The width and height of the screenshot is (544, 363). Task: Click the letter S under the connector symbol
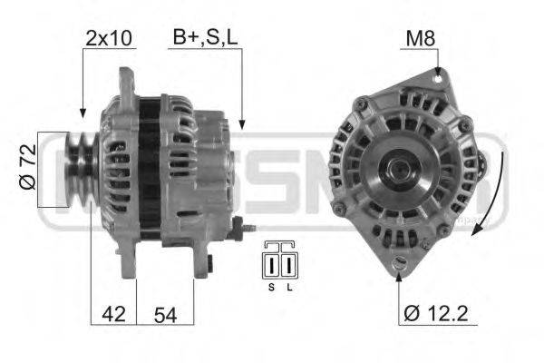point(271,288)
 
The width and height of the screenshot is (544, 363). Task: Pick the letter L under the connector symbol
point(289,288)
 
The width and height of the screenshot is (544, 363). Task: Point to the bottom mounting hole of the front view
point(399,264)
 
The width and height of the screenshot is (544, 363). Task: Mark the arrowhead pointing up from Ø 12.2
point(399,274)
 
